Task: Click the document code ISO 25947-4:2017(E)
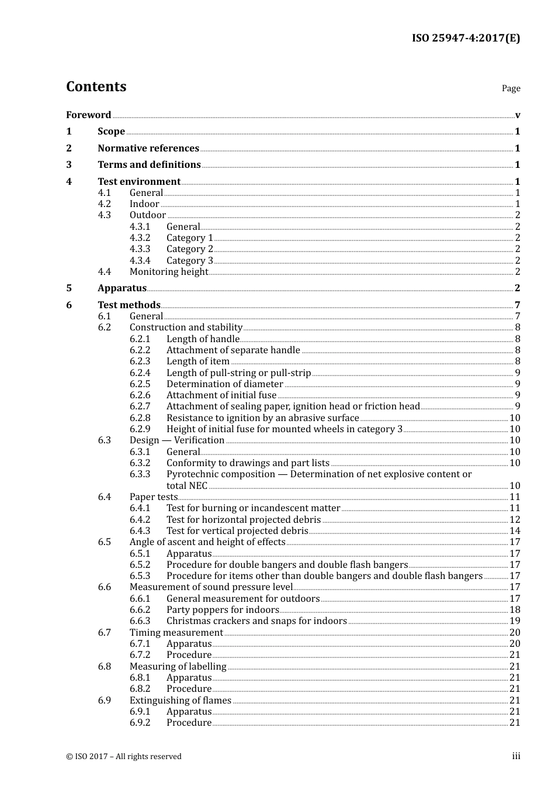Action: pyautogui.click(x=466, y=39)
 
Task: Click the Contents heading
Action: pyautogui.click(x=96, y=87)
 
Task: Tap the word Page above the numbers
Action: pyautogui.click(x=511, y=88)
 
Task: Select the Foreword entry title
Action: pyautogui.click(x=88, y=115)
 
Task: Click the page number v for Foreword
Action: pyautogui.click(x=518, y=115)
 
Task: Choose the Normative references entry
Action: pyautogui.click(x=148, y=149)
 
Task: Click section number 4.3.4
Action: pyautogui.click(x=140, y=261)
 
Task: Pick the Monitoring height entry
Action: pyautogui.click(x=169, y=272)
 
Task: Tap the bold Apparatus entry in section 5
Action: pyautogui.click(x=122, y=288)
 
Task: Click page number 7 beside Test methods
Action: pyautogui.click(x=517, y=305)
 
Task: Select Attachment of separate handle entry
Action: pyautogui.click(x=233, y=350)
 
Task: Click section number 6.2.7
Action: pyautogui.click(x=140, y=406)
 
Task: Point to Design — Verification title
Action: pyautogui.click(x=177, y=440)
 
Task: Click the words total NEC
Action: pyautogui.click(x=187, y=486)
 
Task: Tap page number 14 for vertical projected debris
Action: pyautogui.click(x=515, y=531)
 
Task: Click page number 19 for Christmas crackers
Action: pyautogui.click(x=515, y=621)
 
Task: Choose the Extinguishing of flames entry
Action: pyautogui.click(x=181, y=701)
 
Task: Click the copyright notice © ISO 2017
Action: pyautogui.click(x=124, y=757)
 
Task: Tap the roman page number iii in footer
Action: pyautogui.click(x=516, y=756)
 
